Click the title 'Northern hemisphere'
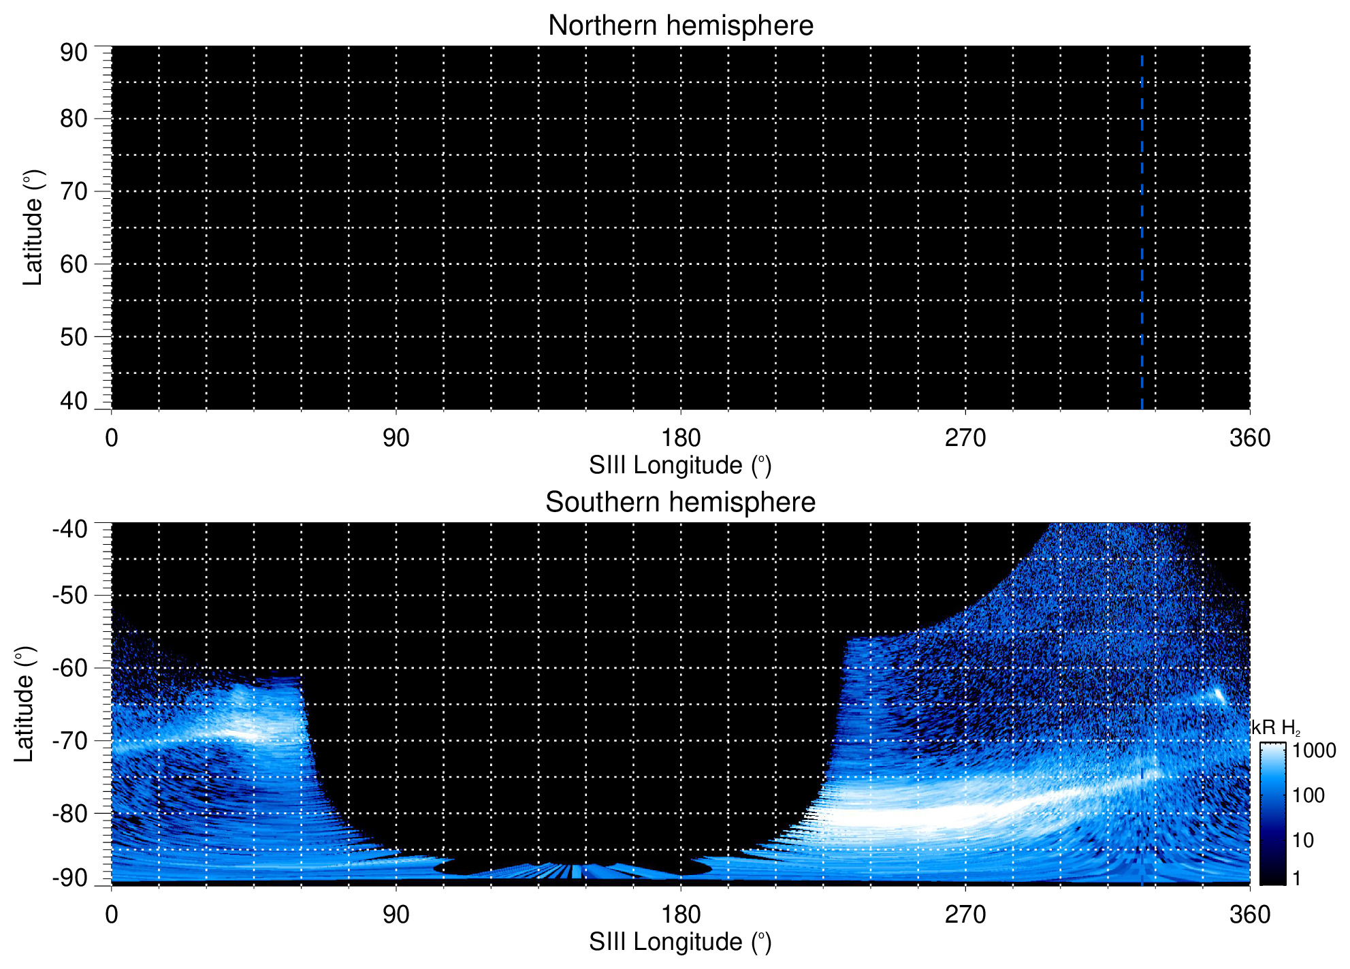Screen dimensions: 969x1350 tap(680, 26)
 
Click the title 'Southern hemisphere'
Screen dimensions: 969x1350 tap(680, 503)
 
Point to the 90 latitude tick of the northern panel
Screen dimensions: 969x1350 tap(74, 52)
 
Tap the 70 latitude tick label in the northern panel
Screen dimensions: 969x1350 tap(74, 191)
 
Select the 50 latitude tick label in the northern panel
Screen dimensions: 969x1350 tap(74, 336)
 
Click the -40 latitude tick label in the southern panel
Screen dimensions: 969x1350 tap(69, 528)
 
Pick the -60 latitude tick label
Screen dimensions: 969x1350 tap(69, 668)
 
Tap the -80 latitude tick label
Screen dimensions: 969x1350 tap(69, 813)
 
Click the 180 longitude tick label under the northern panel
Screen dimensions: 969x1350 tap(681, 438)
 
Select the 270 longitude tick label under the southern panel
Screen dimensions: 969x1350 tap(965, 915)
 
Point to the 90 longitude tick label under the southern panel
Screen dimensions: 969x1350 tap(396, 915)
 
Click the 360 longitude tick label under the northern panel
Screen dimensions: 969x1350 tap(1250, 438)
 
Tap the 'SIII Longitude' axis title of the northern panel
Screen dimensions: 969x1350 tap(680, 466)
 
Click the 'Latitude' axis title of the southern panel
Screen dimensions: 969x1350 tap(25, 704)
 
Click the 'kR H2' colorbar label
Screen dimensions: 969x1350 tap(1276, 728)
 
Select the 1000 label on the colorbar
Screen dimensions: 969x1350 tap(1314, 750)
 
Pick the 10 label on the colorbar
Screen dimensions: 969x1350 tap(1303, 840)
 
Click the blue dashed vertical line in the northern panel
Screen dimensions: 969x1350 tap(1142, 232)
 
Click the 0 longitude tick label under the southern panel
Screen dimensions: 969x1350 tap(112, 915)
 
